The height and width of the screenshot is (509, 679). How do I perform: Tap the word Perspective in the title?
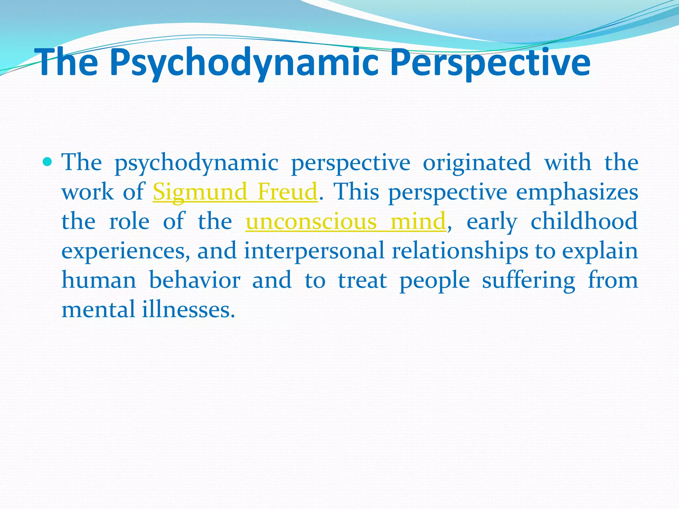point(490,63)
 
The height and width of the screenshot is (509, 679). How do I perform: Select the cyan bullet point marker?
point(48,162)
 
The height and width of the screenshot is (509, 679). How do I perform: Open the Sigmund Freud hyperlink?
point(235,192)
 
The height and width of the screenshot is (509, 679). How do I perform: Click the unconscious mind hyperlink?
point(345,221)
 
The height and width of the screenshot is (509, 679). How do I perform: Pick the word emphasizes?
point(577,192)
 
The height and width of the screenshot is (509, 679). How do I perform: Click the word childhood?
point(584,221)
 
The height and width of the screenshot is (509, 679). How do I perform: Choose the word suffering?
point(528,280)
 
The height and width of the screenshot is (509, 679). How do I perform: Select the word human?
point(99,280)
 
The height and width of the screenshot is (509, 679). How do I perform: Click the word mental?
point(98,310)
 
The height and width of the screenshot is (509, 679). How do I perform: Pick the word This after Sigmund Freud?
point(356,192)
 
